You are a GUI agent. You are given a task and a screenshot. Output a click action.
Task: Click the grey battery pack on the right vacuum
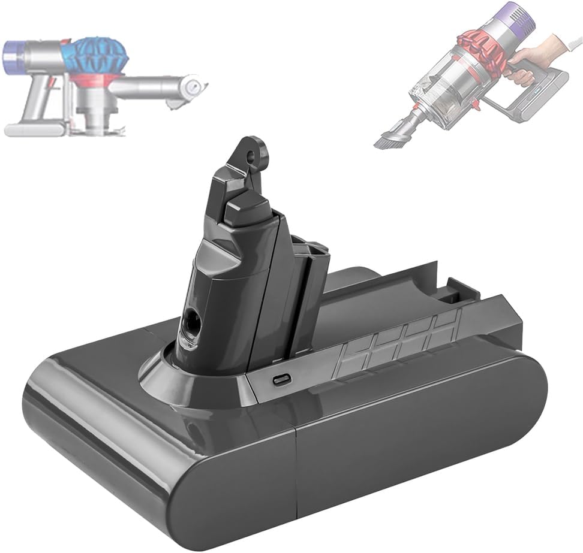click(x=540, y=96)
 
